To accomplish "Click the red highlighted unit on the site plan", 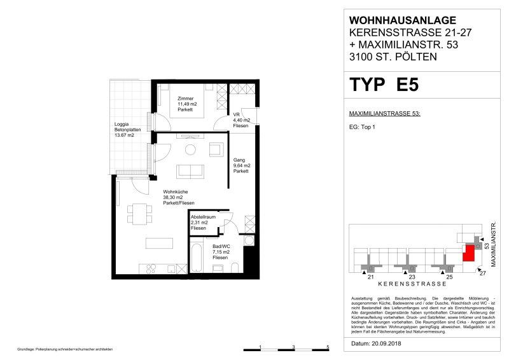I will coord(469,253).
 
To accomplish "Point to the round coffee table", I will coord(190,150).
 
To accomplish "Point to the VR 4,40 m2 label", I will coord(242,120).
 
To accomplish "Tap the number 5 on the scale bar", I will coord(327,346).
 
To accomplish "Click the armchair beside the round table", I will coord(216,149).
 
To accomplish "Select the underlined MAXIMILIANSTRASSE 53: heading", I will coord(386,113).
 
